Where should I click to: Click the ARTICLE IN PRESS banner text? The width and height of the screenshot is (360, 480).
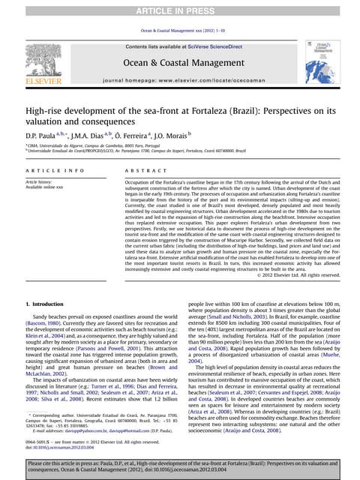pos(179,10)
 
